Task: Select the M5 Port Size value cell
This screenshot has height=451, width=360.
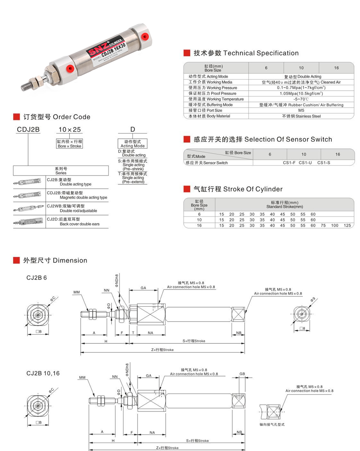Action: coord(301,110)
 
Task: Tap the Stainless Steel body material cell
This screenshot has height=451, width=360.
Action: coord(301,116)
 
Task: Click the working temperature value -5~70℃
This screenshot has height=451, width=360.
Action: coord(301,99)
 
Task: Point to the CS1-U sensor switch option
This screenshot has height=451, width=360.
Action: coord(305,163)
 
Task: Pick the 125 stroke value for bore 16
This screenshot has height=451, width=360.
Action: coord(347,225)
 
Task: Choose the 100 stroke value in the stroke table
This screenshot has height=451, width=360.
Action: coord(334,225)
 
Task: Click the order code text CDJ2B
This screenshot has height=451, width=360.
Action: coord(28,130)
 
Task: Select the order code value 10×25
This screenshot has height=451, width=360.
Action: coord(70,130)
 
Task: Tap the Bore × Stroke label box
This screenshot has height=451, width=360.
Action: coord(70,144)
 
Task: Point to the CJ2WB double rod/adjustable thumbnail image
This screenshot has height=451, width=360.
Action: coord(30,209)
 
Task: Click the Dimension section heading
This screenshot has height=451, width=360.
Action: coord(55,260)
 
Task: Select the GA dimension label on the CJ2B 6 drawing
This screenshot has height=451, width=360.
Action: coord(143,287)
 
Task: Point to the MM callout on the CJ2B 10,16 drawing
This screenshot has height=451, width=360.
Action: coord(82,377)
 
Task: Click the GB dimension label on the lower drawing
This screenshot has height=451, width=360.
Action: coord(242,374)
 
